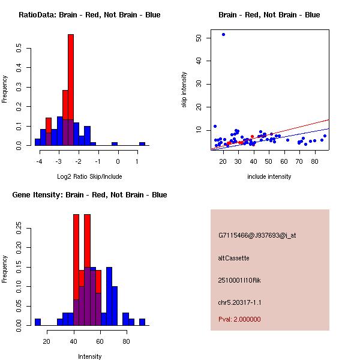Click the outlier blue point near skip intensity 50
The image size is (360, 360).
pos(223,34)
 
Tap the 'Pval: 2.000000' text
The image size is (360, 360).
pos(239,319)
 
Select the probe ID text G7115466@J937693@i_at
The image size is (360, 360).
pos(257,235)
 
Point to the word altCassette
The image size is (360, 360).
pos(233,258)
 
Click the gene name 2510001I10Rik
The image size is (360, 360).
pos(239,280)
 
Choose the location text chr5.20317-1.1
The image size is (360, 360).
pos(240,301)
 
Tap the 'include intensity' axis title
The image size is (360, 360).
pos(269,176)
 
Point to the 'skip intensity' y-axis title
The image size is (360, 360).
pos(184,90)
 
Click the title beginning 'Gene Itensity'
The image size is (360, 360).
pos(85,195)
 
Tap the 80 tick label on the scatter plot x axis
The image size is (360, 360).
pos(314,161)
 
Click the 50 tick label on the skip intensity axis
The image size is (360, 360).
pos(199,38)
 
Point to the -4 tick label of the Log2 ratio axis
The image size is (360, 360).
pos(39,161)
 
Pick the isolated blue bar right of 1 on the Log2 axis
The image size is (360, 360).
pos(142,144)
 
